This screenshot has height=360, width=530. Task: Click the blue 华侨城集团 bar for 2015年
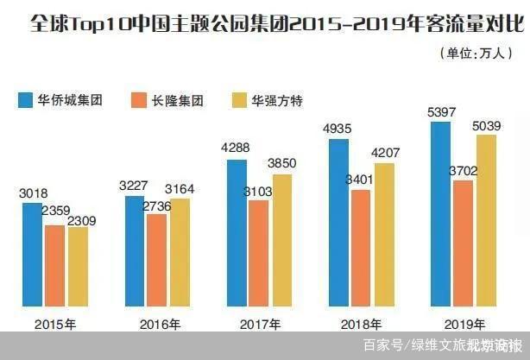click(x=34, y=255)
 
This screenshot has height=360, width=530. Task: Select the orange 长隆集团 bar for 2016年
click(x=157, y=260)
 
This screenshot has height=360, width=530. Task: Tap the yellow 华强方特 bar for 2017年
click(x=281, y=241)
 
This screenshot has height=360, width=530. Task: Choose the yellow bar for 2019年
click(x=487, y=220)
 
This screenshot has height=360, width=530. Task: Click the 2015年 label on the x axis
click(x=54, y=324)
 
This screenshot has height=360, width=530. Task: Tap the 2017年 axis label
click(x=259, y=324)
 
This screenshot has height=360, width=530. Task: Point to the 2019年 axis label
click(x=462, y=324)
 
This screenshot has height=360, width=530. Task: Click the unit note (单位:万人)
click(x=478, y=53)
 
